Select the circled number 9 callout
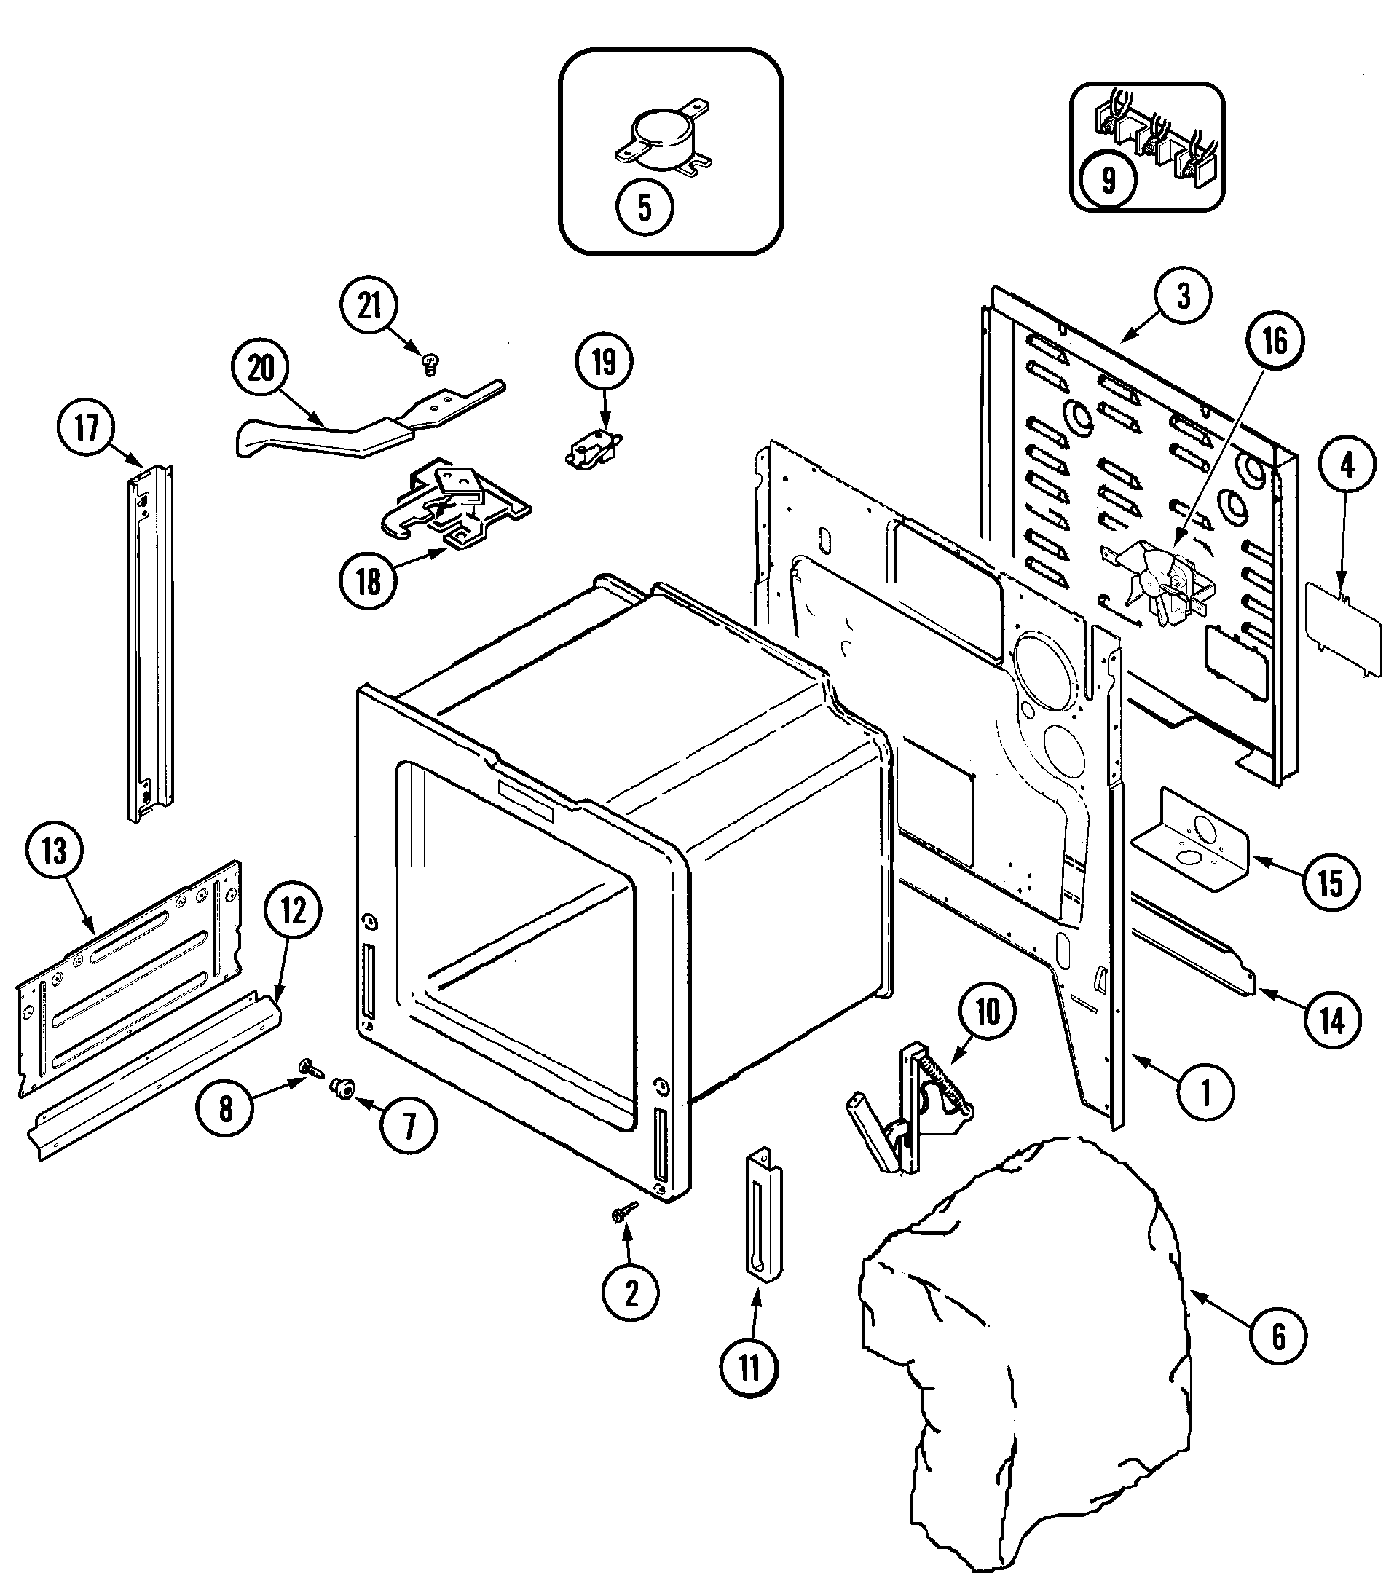(x=1109, y=179)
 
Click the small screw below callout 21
(x=429, y=362)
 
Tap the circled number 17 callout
(x=87, y=427)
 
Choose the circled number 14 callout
(x=1332, y=1022)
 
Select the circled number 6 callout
(x=1278, y=1336)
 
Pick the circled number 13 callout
(x=55, y=852)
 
